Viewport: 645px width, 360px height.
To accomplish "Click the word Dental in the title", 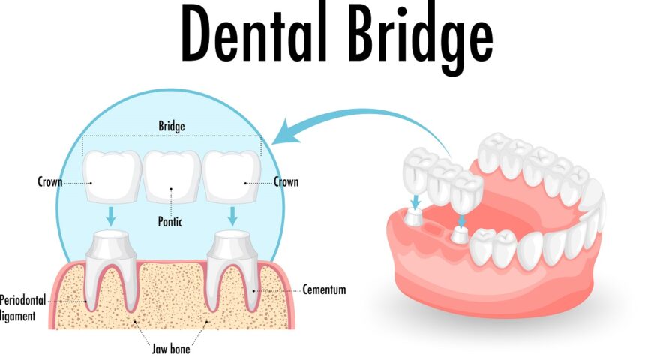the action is (253, 33).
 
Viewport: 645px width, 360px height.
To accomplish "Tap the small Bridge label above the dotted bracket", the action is (172, 126).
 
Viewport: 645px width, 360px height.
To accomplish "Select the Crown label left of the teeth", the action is (49, 181).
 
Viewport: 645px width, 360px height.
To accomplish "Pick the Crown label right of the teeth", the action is (286, 181).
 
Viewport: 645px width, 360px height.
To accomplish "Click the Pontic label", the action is (170, 222).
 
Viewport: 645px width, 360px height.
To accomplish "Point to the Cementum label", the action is (324, 289).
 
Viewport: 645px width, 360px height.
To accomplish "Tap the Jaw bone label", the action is (171, 349).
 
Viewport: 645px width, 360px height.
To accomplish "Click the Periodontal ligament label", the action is (22, 307).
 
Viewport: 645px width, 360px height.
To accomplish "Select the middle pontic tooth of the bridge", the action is (172, 177).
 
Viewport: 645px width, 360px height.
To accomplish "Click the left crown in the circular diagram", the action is (112, 177).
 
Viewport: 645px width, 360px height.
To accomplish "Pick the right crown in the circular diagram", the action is (232, 177).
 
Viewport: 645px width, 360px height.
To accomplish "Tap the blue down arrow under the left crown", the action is (111, 216).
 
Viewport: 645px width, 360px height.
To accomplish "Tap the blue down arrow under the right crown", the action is (232, 216).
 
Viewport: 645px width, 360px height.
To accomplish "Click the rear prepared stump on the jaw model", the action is (414, 217).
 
